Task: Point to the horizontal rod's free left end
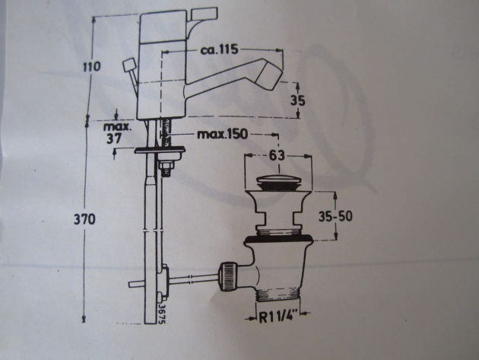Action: [132, 283]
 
